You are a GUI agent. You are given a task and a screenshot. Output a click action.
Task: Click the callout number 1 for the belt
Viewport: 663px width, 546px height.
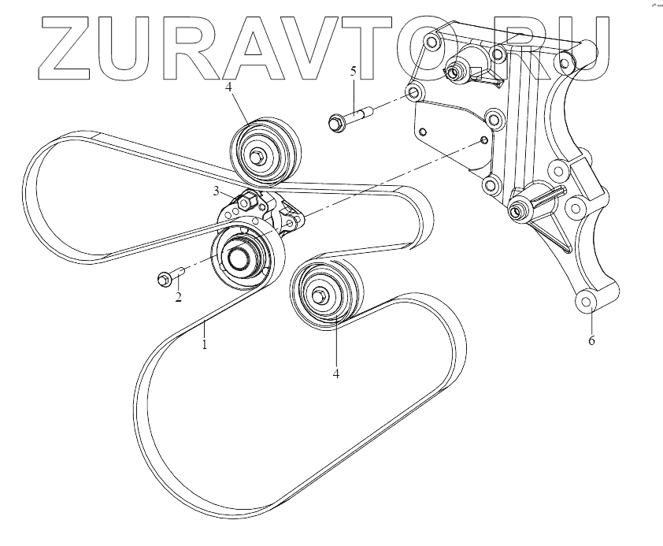pyautogui.click(x=204, y=344)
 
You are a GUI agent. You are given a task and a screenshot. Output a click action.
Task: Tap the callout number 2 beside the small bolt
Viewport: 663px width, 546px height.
pyautogui.click(x=179, y=297)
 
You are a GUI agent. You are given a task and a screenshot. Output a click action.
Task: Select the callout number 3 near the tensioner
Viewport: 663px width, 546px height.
pyautogui.click(x=214, y=190)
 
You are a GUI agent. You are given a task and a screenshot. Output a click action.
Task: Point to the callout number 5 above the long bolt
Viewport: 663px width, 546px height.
pyautogui.click(x=354, y=72)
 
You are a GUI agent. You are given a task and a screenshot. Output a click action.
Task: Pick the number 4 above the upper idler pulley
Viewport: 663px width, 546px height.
pyautogui.click(x=228, y=87)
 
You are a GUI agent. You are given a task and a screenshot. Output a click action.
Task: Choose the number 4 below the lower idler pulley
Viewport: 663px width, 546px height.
pyautogui.click(x=335, y=373)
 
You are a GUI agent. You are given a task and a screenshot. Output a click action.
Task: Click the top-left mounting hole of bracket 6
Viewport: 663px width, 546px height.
pyautogui.click(x=431, y=41)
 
